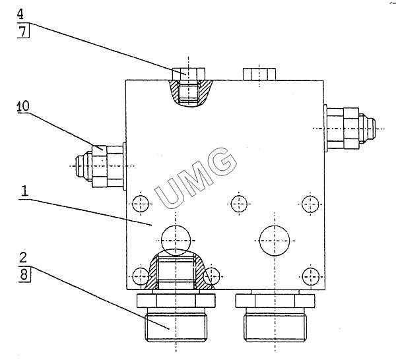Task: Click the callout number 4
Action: [20, 14]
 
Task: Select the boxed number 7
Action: [23, 31]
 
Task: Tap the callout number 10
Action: [23, 106]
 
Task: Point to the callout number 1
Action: [24, 191]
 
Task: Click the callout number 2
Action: [23, 258]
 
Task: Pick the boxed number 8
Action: [24, 274]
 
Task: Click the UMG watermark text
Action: [196, 179]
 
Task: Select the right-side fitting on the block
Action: [350, 129]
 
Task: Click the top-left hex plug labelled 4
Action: [188, 74]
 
